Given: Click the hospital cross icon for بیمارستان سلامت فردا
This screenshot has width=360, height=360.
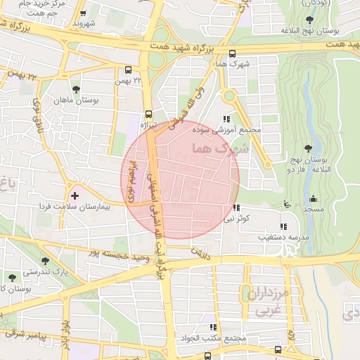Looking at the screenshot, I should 75,195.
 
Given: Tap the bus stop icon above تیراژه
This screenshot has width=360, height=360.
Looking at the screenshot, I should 148,113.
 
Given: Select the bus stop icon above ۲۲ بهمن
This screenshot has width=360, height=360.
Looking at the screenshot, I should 128,70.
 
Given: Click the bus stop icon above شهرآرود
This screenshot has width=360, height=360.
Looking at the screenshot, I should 84,13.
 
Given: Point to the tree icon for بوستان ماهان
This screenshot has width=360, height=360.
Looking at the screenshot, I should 76,89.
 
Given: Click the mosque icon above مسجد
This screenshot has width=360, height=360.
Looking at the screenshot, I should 313,198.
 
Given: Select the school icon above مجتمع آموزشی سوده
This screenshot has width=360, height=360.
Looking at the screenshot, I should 226,119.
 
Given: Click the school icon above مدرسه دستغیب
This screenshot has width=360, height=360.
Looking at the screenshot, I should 283,226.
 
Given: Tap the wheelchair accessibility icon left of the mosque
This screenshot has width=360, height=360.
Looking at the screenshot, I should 285,204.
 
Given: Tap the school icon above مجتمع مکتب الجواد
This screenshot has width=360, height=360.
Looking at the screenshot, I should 212,327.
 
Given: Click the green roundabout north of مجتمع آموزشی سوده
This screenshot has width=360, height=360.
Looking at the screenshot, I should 229,96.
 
